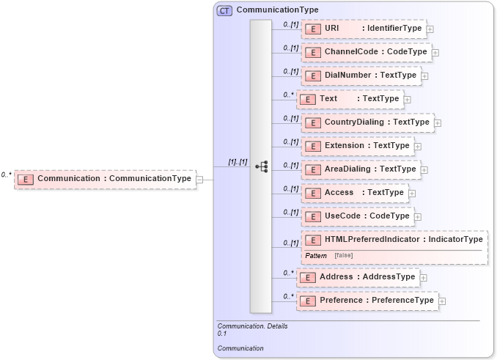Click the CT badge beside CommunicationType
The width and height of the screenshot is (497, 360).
pos(224,11)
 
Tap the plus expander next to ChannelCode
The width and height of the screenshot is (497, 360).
pos(435,53)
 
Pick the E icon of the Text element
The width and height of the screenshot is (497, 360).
pos(308,99)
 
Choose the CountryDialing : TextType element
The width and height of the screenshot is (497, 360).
pos(367,122)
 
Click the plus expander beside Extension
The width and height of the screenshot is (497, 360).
pos(418,147)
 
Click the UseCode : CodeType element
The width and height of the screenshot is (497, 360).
pos(357,216)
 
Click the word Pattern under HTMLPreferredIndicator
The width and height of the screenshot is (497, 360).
pos(316,255)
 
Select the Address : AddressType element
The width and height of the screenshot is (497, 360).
pos(357,277)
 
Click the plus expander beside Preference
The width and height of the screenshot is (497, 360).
pos(442,301)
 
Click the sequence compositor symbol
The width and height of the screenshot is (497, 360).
pos(261,166)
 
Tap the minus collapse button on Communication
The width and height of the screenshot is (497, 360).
pos(199,179)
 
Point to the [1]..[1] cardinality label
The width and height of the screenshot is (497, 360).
pos(238,161)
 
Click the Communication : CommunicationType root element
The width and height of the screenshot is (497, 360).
pos(106,178)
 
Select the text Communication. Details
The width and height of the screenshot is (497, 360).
pos(252,326)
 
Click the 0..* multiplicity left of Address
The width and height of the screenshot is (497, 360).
pos(288,273)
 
